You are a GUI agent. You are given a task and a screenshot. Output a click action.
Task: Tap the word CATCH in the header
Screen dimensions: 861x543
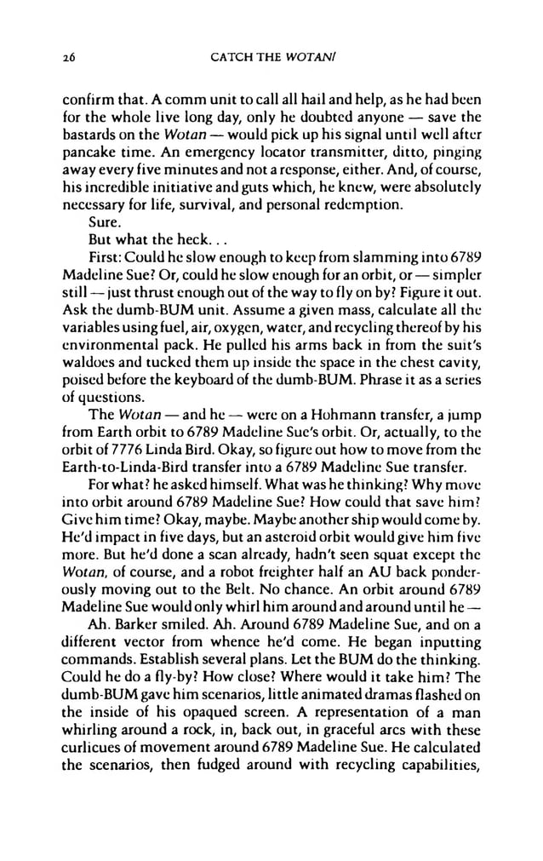tap(226, 59)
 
